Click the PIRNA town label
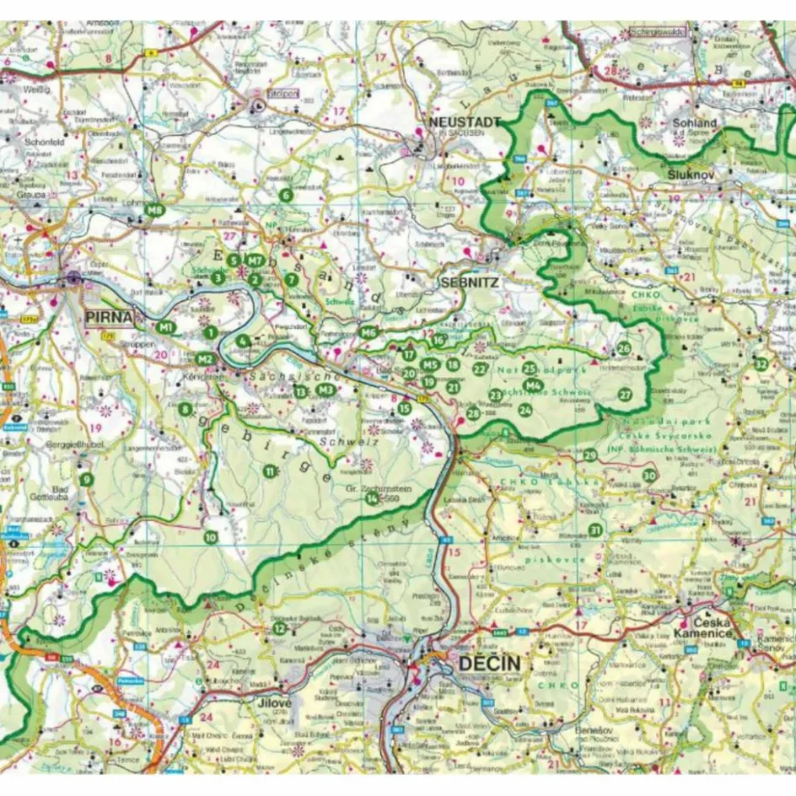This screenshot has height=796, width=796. click(110, 318)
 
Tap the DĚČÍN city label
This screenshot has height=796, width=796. click(489, 664)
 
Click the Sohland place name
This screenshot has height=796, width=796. click(694, 123)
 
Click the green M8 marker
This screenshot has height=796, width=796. click(153, 210)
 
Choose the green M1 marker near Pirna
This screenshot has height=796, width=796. click(166, 326)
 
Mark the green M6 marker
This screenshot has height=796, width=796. click(368, 332)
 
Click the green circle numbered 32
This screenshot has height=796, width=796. click(761, 364)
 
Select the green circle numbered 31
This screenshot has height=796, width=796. click(595, 530)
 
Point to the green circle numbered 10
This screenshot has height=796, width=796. click(211, 536)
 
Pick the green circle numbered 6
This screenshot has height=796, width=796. click(286, 196)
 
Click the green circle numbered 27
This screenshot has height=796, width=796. click(625, 394)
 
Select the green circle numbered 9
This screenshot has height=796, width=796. click(86, 480)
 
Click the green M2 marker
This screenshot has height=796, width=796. click(204, 358)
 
